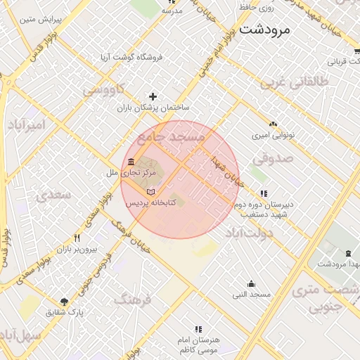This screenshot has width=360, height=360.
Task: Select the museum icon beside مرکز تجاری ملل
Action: [x=131, y=162]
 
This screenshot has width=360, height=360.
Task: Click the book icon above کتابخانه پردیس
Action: [x=150, y=191]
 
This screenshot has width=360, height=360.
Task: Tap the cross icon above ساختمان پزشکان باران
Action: [x=153, y=96]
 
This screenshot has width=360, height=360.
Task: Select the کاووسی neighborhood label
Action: [x=103, y=90]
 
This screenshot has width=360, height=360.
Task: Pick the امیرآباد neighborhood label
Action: [x=26, y=124]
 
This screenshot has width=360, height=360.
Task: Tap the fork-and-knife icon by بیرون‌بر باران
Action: [x=86, y=238]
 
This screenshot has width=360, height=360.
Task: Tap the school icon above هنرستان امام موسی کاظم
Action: [x=198, y=328]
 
